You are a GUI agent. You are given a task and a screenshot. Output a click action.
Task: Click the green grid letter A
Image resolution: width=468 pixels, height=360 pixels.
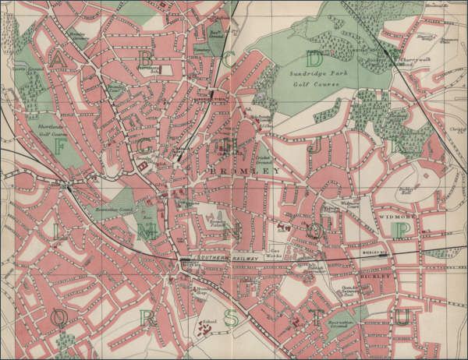point(58,59)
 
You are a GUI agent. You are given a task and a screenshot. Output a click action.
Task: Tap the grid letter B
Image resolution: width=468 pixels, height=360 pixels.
point(145,59)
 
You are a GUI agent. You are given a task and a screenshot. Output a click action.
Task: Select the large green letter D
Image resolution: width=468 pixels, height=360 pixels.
point(314,59)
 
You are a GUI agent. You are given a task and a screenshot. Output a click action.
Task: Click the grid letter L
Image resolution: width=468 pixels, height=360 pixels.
point(58,231)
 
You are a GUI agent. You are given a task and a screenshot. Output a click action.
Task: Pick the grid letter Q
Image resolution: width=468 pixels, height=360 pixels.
point(59,317)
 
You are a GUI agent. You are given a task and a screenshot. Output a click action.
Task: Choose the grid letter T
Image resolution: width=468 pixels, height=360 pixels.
point(316,317)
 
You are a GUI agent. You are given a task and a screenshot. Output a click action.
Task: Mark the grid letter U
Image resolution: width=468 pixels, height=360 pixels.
point(402,317)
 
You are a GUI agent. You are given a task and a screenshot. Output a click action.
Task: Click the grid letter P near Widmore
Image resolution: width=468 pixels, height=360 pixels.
point(402,230)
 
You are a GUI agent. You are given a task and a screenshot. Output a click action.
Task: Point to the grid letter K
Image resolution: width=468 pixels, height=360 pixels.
point(402,146)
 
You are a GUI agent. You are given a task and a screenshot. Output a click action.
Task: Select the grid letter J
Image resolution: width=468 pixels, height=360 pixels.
point(315,146)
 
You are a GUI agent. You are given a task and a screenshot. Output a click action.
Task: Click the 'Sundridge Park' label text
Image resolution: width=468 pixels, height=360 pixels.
point(310,74)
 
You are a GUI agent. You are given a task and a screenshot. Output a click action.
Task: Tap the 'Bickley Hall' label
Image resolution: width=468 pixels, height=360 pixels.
point(405,192)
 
